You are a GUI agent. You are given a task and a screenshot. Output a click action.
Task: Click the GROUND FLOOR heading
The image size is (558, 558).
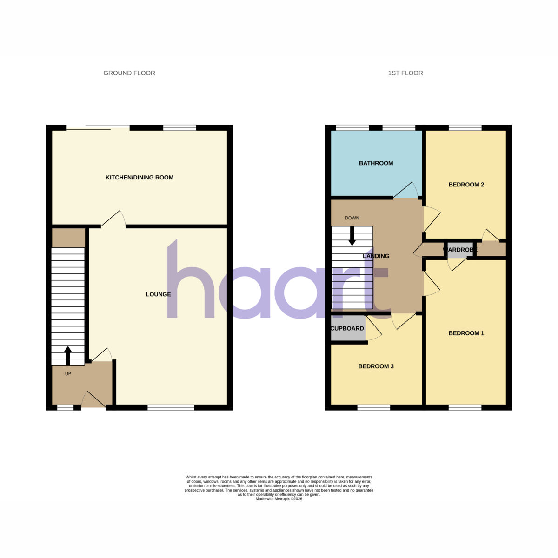[129, 73]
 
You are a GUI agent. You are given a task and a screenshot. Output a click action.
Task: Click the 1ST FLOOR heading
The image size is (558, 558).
[405, 73]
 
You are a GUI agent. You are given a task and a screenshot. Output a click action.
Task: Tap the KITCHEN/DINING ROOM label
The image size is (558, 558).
[139, 178]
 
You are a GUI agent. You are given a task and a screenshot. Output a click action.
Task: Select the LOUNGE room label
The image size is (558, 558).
[158, 294]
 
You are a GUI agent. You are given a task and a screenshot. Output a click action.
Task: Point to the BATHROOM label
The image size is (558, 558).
[376, 163]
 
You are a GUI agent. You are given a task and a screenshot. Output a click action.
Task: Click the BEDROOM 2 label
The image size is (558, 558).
[466, 185]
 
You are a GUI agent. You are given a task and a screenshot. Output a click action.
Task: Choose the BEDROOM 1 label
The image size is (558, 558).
[466, 333]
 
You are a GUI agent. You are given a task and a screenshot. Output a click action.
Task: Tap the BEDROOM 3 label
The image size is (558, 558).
[376, 366]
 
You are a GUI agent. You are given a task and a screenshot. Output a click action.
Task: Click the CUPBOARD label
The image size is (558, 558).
[347, 328]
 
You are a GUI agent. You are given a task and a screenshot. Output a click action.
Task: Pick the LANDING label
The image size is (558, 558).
[376, 256]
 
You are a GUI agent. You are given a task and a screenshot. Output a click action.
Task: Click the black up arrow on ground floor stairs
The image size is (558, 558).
[68, 356]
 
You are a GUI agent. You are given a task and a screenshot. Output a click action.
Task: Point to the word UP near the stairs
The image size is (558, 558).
[68, 374]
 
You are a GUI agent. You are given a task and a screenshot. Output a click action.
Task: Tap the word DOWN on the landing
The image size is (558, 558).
[352, 218]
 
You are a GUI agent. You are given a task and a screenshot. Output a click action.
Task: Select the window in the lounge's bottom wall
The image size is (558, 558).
[171, 408]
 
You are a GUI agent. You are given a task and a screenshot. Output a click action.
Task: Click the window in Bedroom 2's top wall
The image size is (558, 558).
[465, 128]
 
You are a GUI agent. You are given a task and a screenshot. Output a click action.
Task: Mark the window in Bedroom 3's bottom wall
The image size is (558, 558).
[373, 408]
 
